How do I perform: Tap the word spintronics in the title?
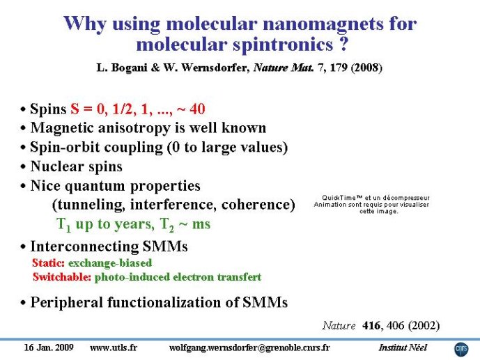click(x=283, y=45)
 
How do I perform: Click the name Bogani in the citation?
click(x=129, y=68)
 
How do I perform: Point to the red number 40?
click(x=197, y=109)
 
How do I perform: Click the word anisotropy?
click(x=134, y=128)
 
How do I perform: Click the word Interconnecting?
click(x=84, y=246)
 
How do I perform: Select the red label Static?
click(x=48, y=263)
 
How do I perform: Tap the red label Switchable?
click(x=62, y=277)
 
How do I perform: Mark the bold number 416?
click(x=371, y=325)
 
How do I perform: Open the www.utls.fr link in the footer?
click(x=114, y=347)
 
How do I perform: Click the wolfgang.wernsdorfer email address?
click(x=249, y=348)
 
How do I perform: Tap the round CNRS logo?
click(x=461, y=350)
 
